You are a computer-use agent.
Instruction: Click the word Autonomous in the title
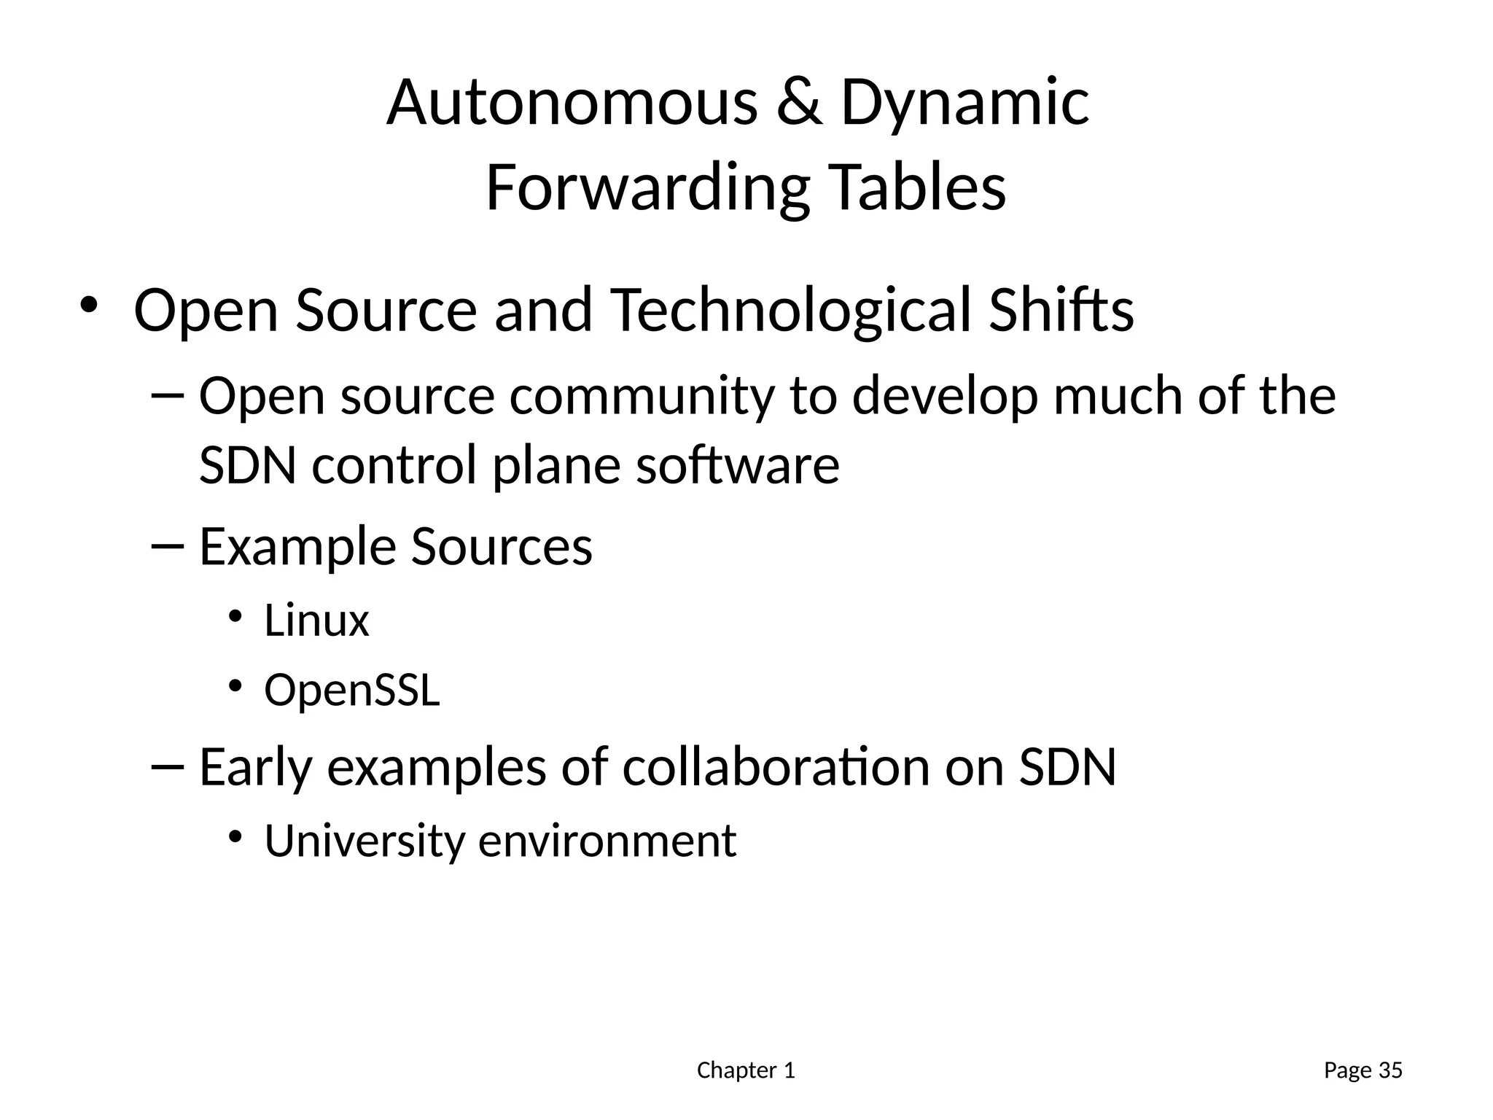(572, 103)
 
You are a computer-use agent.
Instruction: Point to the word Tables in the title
(918, 187)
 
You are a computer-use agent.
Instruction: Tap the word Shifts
(1061, 310)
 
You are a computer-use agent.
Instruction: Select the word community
(641, 398)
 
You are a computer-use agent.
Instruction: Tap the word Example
(297, 548)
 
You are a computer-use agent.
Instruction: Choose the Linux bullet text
(316, 621)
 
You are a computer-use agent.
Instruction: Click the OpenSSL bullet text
(352, 691)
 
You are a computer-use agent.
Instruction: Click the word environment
(607, 841)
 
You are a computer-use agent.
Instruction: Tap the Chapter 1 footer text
(746, 1070)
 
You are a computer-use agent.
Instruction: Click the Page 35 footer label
(1363, 1070)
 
